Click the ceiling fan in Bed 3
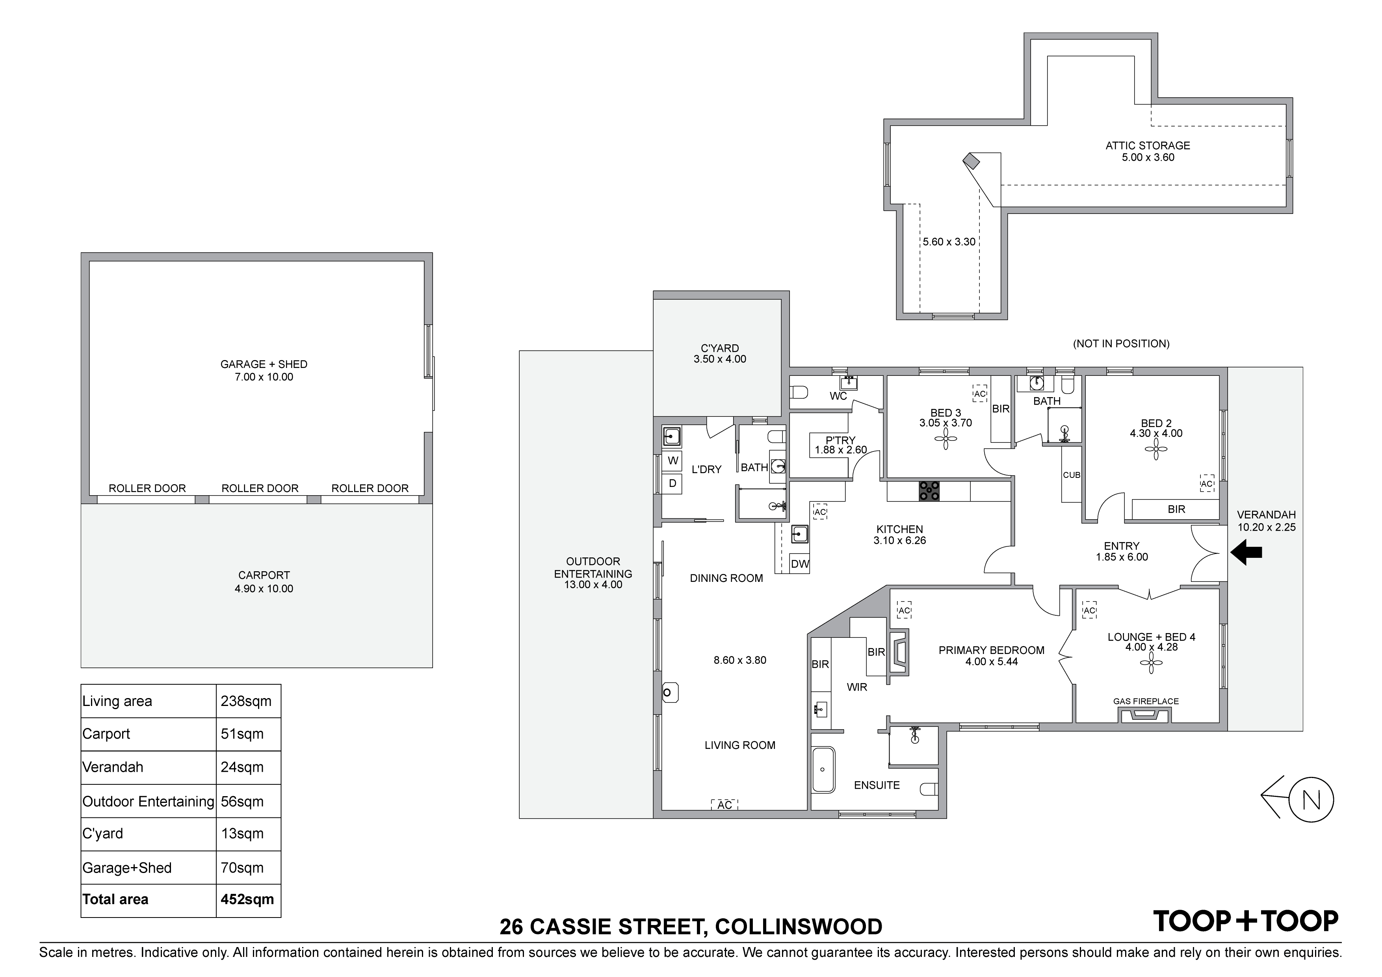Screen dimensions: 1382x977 945,439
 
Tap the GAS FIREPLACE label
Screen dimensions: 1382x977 1146,701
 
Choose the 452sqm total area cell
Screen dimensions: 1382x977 247,899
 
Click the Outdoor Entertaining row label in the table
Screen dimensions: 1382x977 148,801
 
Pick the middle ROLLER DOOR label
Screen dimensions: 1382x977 260,488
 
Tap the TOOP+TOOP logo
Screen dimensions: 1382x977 1245,921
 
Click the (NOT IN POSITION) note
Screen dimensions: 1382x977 1121,344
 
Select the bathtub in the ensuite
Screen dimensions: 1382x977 823,770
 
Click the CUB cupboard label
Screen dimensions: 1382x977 1072,475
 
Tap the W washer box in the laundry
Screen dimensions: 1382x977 673,461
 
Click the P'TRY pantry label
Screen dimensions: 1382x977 840,440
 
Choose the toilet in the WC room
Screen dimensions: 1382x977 798,392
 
